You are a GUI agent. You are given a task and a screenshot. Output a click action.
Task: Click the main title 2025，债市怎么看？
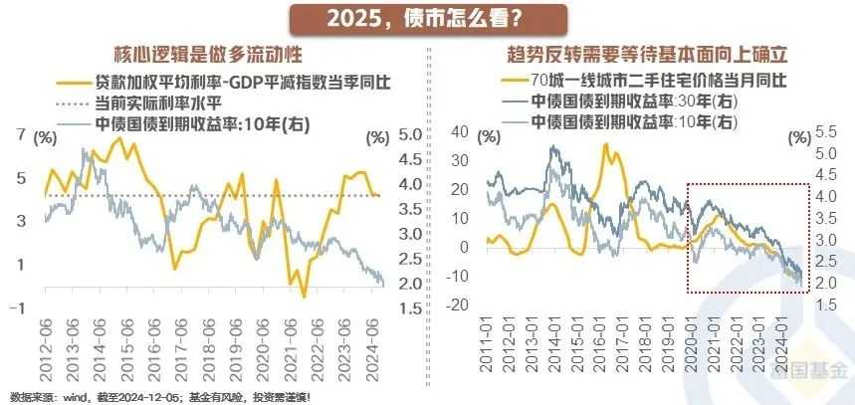click(x=429, y=19)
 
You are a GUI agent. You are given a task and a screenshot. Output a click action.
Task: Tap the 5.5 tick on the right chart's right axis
click(x=826, y=131)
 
